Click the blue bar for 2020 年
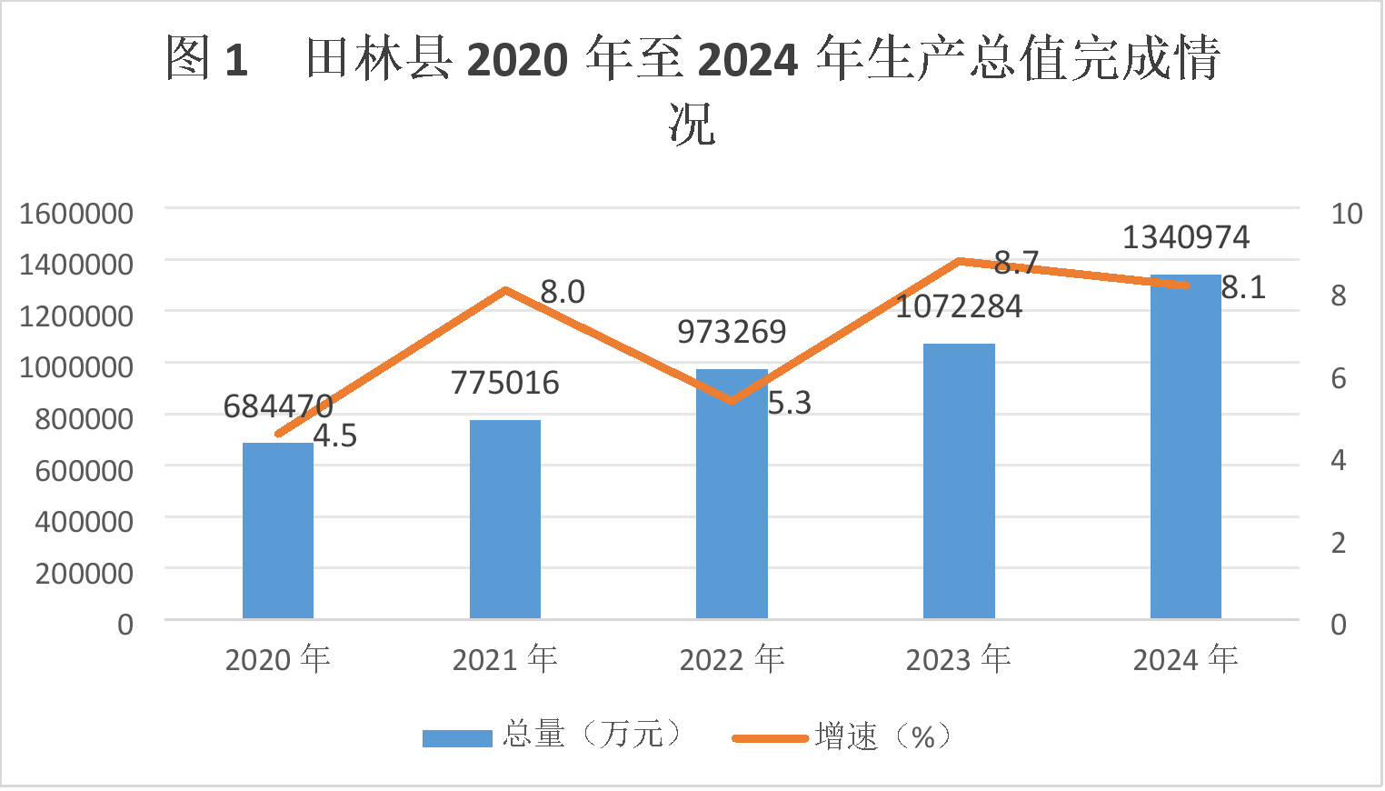[278, 531]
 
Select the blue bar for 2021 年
[505, 519]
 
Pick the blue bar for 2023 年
[959, 481]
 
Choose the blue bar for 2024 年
[1186, 446]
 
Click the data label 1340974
[1186, 238]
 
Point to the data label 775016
[505, 383]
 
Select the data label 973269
[732, 332]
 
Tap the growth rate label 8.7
[1016, 263]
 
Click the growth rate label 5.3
[789, 403]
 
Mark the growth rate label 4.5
[335, 436]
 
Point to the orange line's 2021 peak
[505, 290]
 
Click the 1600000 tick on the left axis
[76, 214]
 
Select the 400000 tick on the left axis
[84, 522]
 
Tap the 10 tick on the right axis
[1347, 214]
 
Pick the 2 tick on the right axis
[1339, 543]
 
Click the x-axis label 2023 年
[959, 659]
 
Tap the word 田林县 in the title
[380, 59]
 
